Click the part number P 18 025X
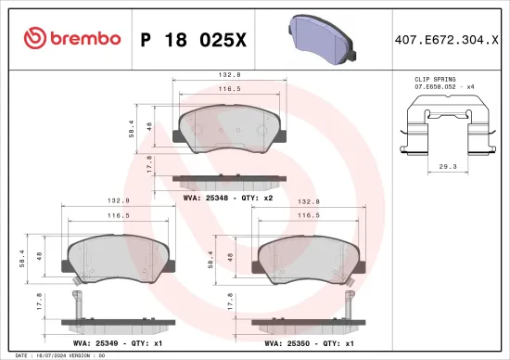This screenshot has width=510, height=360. click(x=193, y=38)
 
